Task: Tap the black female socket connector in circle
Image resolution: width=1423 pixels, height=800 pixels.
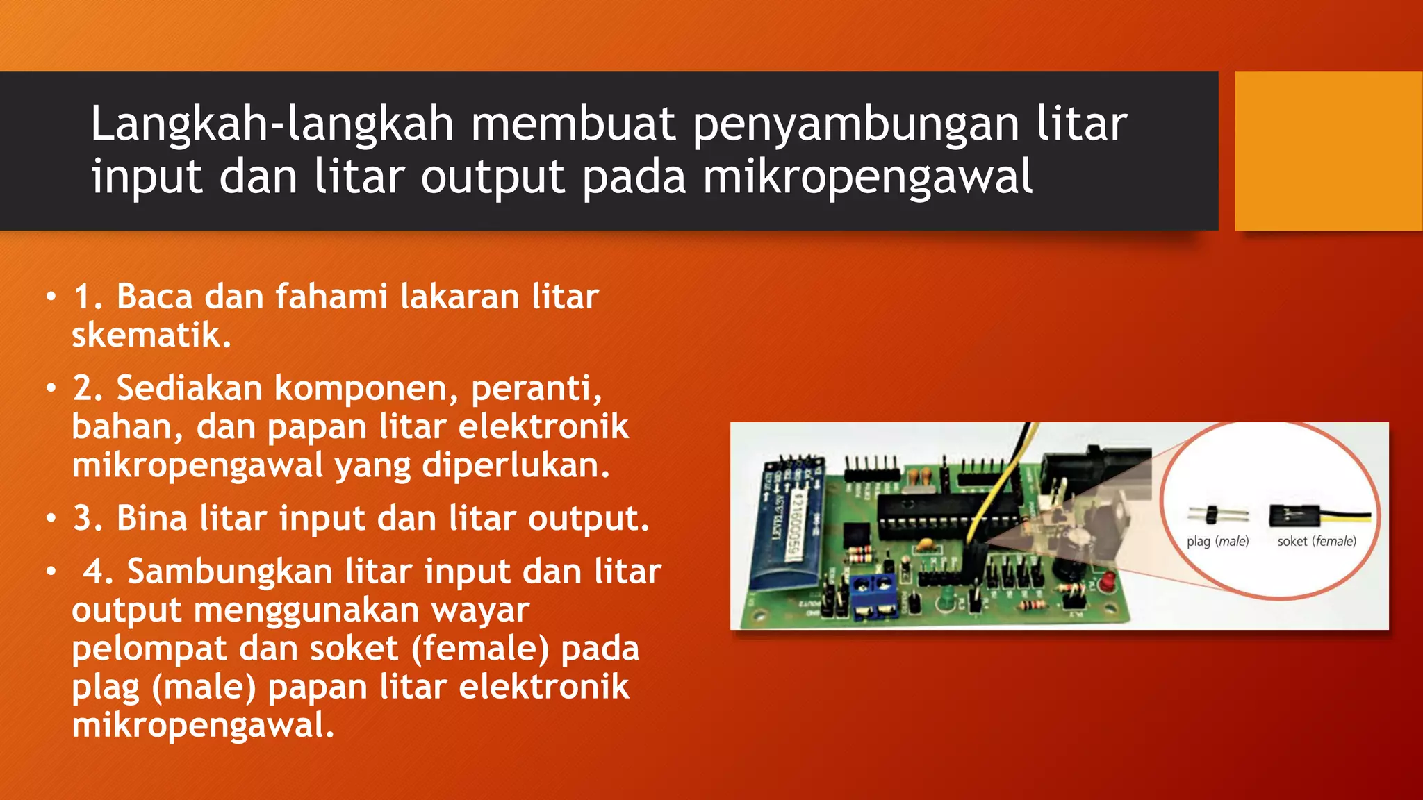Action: coord(1294,515)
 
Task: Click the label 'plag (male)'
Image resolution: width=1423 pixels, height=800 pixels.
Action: coord(1217,541)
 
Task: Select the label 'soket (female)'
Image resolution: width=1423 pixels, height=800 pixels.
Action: coord(1316,541)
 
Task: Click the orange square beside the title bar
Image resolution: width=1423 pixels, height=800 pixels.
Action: coord(1328,150)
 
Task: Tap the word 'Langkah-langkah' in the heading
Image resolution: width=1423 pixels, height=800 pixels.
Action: coord(272,125)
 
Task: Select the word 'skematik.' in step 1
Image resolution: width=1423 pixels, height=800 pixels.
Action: coord(151,335)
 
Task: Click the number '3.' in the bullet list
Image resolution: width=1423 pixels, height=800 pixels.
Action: coord(88,519)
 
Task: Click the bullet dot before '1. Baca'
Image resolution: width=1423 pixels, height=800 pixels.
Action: coord(51,297)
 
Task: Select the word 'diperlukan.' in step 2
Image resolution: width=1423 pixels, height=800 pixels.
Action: coord(516,465)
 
